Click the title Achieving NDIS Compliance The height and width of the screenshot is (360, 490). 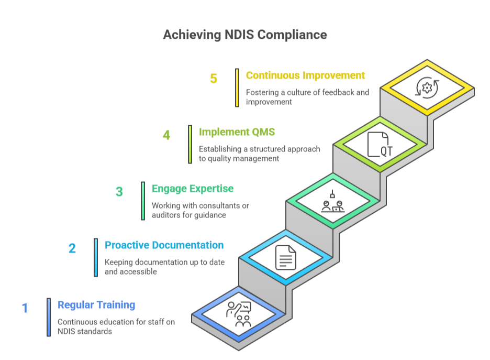click(245, 35)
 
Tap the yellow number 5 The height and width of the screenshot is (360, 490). click(214, 79)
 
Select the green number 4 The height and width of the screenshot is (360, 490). click(166, 135)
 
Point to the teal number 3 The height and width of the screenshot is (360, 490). click(119, 192)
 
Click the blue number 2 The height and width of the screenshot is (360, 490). click(72, 248)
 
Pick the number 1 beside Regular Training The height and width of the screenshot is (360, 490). click(25, 308)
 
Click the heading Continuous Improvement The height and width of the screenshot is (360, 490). click(305, 75)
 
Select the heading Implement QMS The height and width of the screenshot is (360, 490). click(237, 132)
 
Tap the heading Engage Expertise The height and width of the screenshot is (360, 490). click(193, 189)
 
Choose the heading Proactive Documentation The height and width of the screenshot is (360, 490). click(164, 245)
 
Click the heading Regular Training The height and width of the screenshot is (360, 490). click(96, 305)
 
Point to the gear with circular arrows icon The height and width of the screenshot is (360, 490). click(427, 88)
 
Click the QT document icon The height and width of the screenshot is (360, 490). click(380, 145)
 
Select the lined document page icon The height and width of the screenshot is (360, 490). click(286, 258)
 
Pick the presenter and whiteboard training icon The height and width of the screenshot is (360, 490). click(239, 314)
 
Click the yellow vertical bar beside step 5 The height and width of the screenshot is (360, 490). click(237, 88)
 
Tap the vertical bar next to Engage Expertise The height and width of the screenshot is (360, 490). click(143, 201)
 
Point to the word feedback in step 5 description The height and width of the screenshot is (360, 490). click(338, 93)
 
